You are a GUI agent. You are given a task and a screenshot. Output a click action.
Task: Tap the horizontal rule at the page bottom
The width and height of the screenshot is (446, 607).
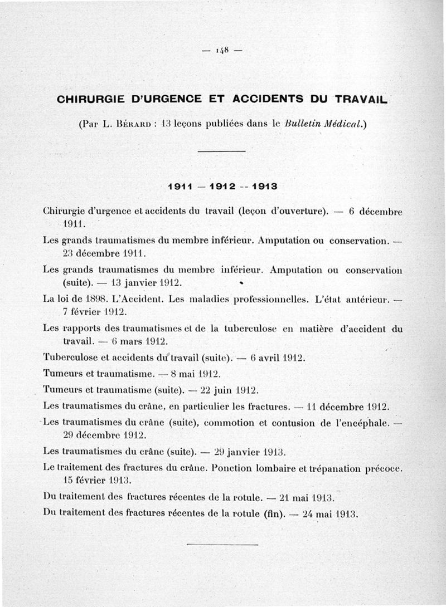[222, 544]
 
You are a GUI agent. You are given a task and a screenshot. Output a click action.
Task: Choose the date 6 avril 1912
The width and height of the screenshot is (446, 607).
[278, 358]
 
